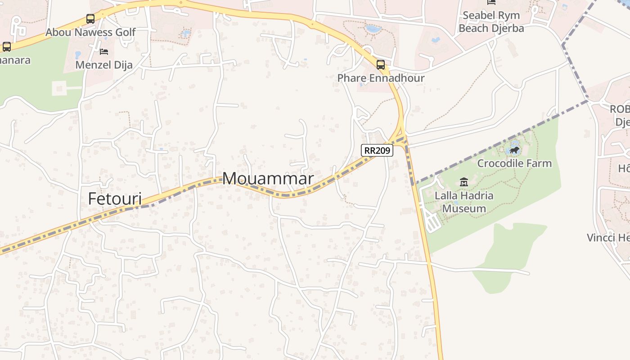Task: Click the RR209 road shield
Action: (x=377, y=150)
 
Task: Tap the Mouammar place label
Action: (x=268, y=179)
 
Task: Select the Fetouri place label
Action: (x=115, y=198)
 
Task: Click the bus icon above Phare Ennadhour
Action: (x=381, y=65)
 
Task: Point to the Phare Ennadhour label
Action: (x=381, y=78)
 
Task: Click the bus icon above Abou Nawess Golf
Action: (x=90, y=19)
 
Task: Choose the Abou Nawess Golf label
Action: (x=90, y=32)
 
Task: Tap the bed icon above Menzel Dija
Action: (x=104, y=52)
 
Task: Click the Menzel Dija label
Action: (x=104, y=65)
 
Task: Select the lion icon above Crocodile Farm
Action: (x=514, y=150)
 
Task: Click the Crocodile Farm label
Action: (x=514, y=163)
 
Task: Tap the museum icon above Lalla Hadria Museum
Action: (x=464, y=182)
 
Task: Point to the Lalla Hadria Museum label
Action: (x=464, y=202)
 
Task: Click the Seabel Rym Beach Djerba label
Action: (x=491, y=22)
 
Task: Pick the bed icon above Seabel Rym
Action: (x=491, y=3)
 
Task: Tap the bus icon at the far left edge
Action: (x=7, y=46)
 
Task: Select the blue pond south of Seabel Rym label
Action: (x=436, y=40)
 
